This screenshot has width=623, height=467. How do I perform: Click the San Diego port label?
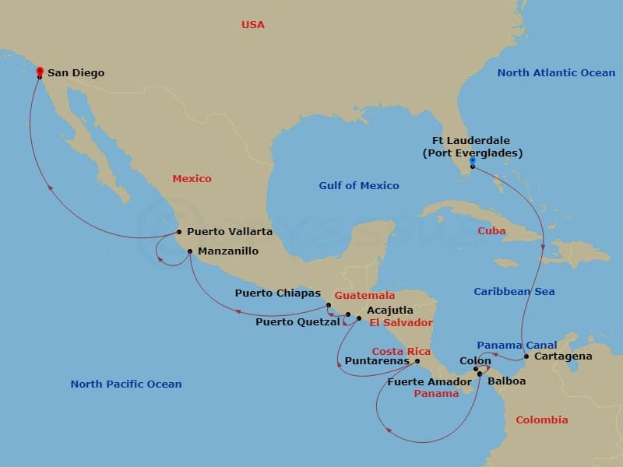(x=76, y=74)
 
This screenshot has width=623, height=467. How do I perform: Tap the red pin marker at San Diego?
(x=40, y=72)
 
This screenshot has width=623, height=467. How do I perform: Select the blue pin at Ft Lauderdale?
(x=472, y=161)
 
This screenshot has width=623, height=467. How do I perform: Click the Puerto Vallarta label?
(x=230, y=232)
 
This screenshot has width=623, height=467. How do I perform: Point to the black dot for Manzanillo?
(x=190, y=251)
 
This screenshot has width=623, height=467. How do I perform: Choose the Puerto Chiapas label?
(x=278, y=293)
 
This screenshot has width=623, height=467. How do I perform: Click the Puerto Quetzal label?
(x=297, y=321)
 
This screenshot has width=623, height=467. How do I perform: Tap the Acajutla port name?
(x=389, y=310)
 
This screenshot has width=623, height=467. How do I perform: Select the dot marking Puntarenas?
(x=417, y=360)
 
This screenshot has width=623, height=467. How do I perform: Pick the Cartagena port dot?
(x=526, y=356)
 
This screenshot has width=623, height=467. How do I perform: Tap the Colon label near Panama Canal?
(x=475, y=361)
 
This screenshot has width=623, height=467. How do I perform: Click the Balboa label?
(x=506, y=381)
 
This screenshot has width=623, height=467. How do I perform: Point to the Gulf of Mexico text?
(x=358, y=186)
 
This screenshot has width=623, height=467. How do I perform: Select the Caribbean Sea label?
(x=514, y=292)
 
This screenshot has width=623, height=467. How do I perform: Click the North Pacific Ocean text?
(x=125, y=384)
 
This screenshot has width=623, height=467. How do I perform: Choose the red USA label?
(x=252, y=25)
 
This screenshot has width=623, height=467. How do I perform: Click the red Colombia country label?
(x=541, y=420)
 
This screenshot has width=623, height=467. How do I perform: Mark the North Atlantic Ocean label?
(x=556, y=73)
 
